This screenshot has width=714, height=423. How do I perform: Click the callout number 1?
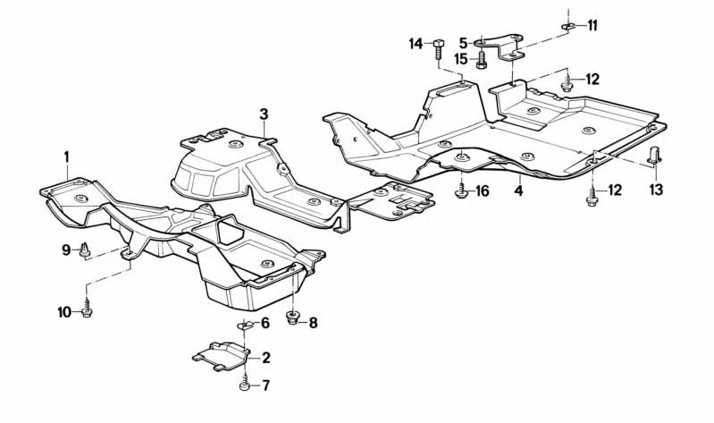[x=66, y=157]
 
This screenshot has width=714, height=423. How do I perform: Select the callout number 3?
[x=265, y=114]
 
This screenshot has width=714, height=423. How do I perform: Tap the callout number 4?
[x=518, y=190]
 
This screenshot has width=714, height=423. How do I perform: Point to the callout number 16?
[x=483, y=191]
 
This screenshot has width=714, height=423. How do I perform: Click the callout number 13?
[x=656, y=190]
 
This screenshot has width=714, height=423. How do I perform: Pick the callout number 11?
[x=592, y=26]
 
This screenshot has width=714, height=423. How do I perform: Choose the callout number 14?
[x=416, y=44]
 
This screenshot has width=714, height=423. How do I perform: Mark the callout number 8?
[x=313, y=323]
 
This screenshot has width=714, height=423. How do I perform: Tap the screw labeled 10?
[x=87, y=308]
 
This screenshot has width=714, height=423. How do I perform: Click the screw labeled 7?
[x=245, y=382]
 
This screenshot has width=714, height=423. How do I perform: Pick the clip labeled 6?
[x=245, y=325]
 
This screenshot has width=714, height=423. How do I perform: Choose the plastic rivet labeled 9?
[x=85, y=250]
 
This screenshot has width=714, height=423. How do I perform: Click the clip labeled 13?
[x=654, y=155]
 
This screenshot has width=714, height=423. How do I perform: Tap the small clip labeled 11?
[x=568, y=27]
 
